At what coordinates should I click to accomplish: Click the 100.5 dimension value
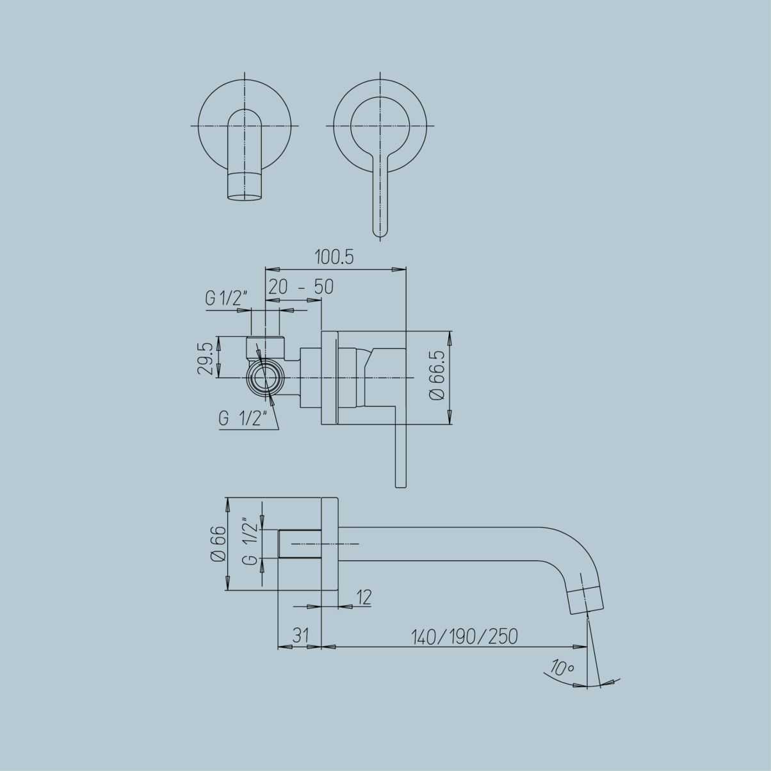tap(334, 257)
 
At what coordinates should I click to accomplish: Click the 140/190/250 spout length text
tap(464, 637)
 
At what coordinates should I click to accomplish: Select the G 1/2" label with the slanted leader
tap(243, 419)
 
